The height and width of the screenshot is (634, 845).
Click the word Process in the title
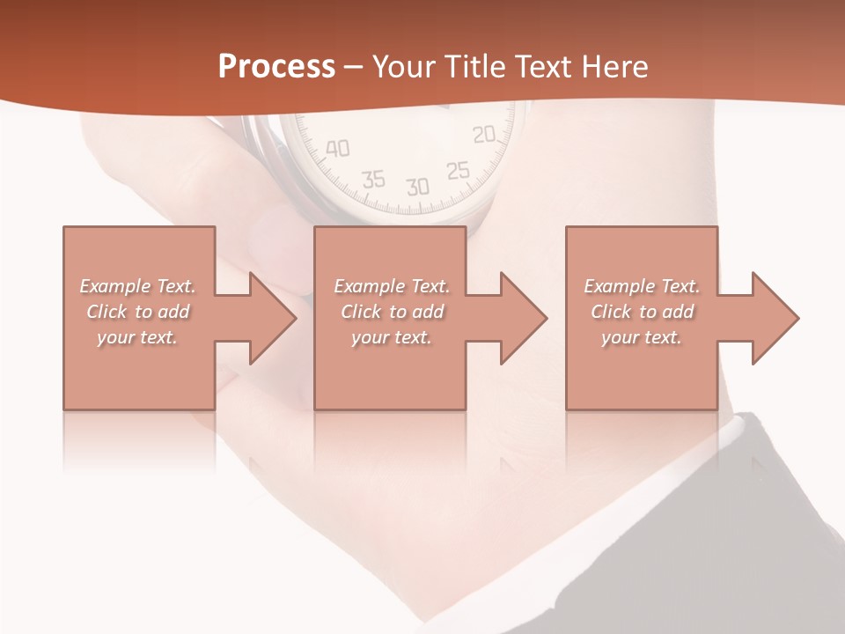point(276,67)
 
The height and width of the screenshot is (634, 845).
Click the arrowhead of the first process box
point(269,318)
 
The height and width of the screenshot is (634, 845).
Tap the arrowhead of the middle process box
point(520,318)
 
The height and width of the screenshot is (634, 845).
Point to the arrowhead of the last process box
point(772,318)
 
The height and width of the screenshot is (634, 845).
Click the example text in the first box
point(138,312)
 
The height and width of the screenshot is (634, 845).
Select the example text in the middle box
point(392,312)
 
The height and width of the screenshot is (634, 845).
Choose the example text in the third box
point(642,312)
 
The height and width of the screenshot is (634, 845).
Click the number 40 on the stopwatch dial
point(337,149)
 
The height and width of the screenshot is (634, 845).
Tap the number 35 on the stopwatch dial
point(374,180)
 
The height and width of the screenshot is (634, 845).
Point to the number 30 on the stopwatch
point(417,187)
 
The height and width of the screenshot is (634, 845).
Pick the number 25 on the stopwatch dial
point(458,170)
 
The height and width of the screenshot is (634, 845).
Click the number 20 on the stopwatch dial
point(484,135)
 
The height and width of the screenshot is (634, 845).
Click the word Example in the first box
point(115,286)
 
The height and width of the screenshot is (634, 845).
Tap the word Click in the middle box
point(360,312)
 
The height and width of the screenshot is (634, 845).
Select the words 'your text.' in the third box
point(642,337)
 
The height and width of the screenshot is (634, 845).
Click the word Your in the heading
point(406,67)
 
